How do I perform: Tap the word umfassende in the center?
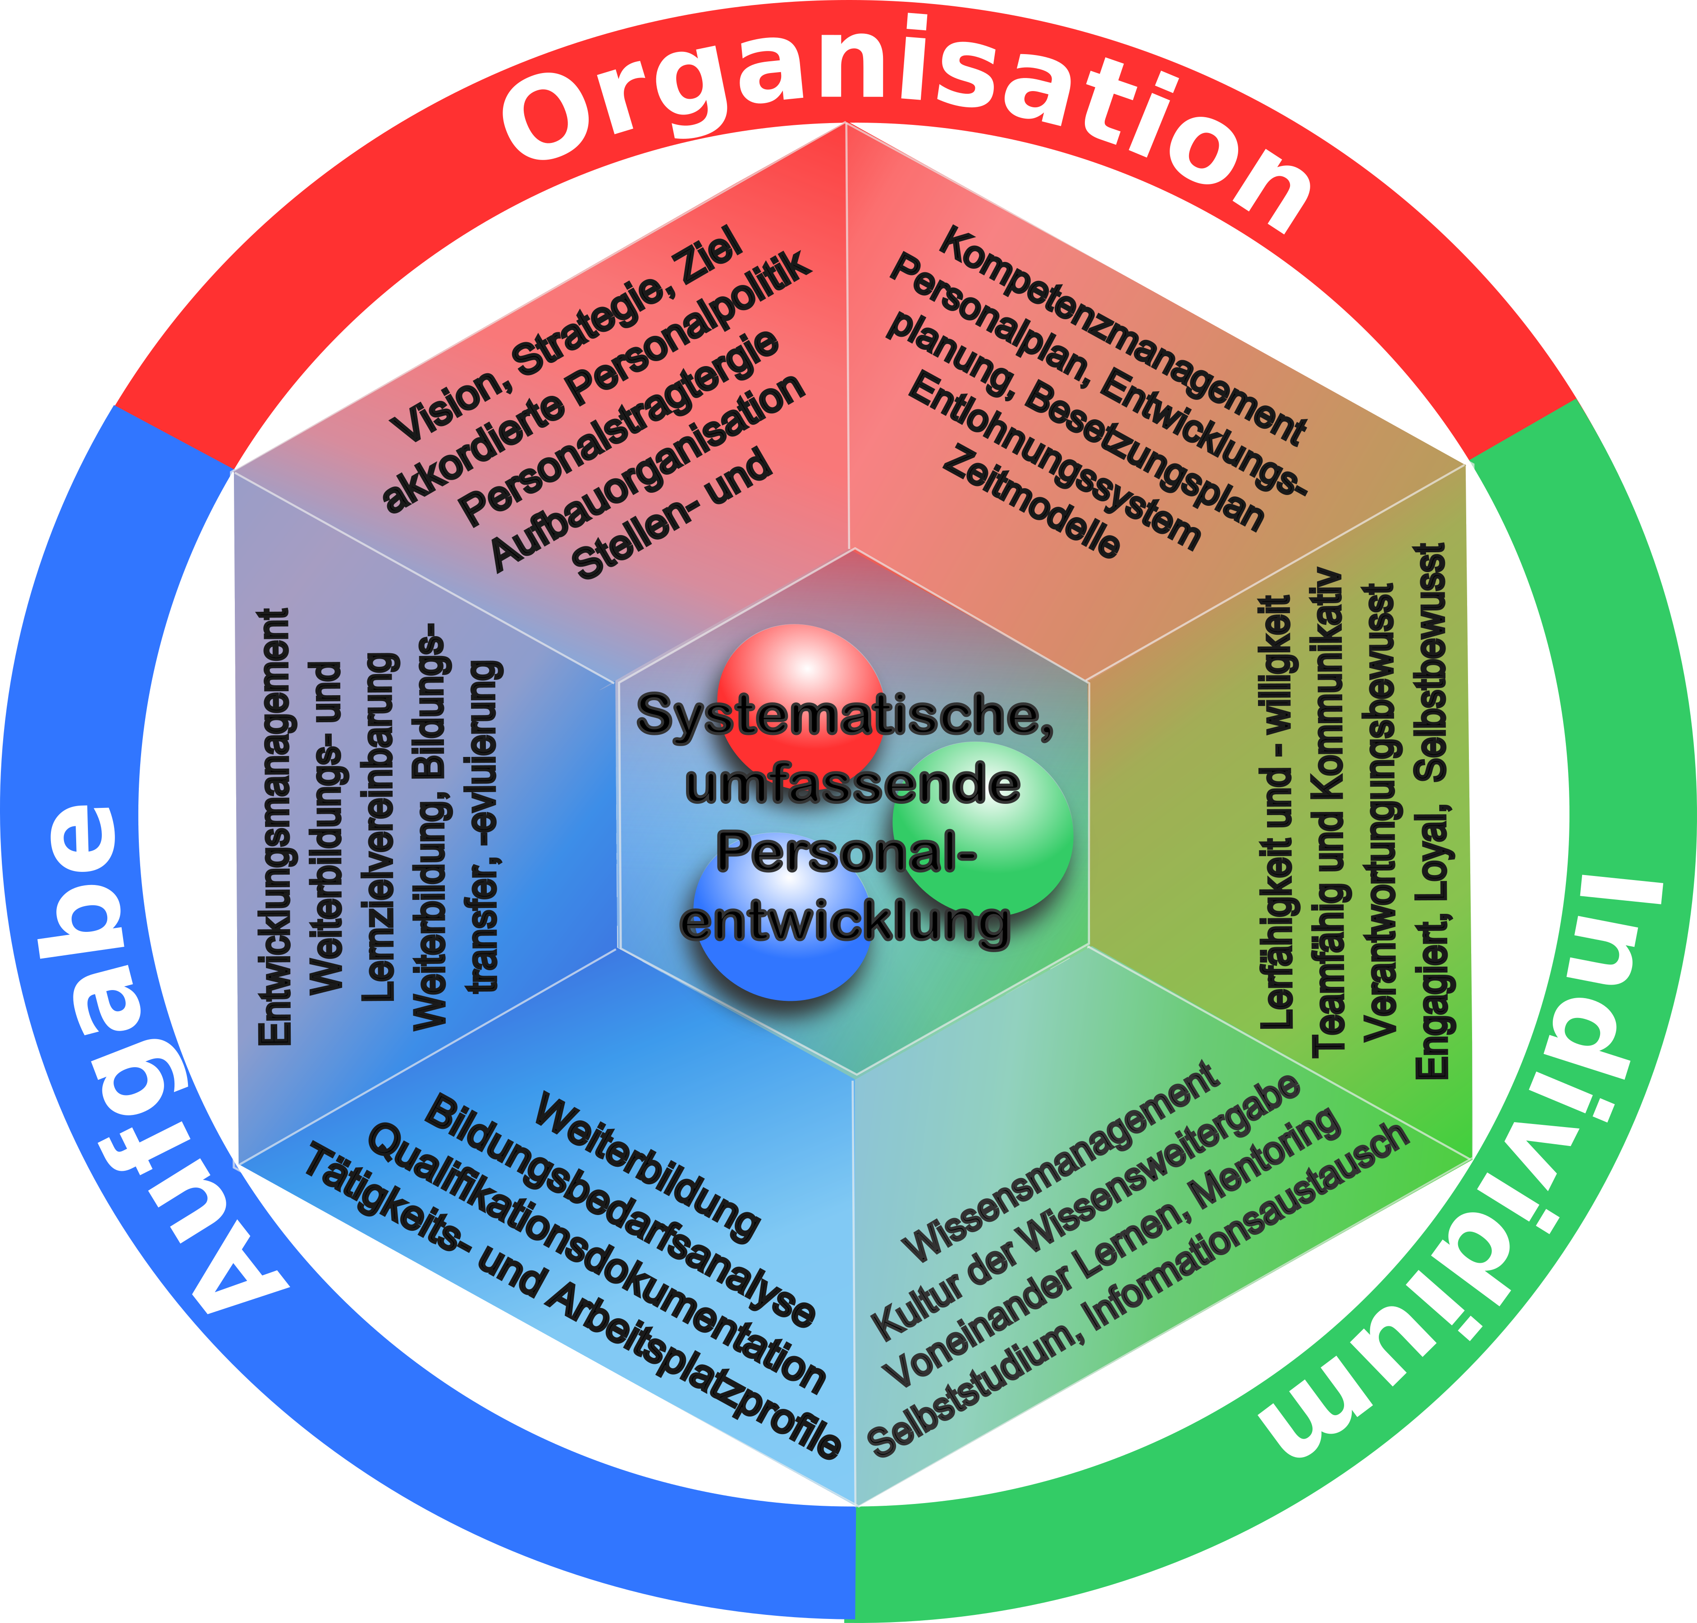pos(852,785)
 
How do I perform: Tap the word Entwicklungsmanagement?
pos(275,826)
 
